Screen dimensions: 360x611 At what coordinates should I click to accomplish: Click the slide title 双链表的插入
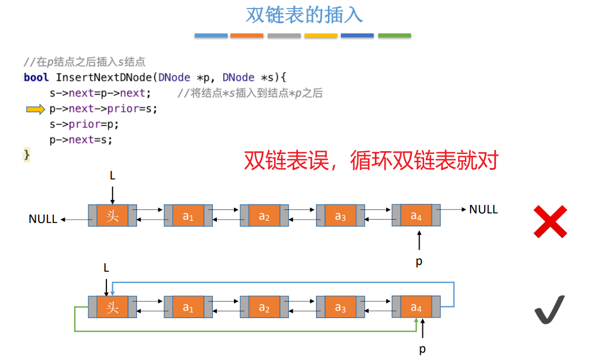tap(304, 15)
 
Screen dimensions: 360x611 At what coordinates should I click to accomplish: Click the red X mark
tap(550, 221)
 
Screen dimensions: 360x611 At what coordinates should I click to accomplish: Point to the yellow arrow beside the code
tap(35, 109)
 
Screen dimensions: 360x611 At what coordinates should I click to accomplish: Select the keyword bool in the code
tap(36, 78)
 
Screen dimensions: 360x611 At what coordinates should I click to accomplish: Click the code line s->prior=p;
tap(84, 125)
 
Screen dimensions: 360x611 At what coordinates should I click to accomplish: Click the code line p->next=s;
tap(80, 140)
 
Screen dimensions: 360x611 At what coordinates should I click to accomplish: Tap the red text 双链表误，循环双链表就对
tap(371, 161)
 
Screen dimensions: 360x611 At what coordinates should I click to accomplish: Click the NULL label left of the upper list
tap(43, 218)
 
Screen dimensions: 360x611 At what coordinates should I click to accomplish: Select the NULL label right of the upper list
tap(483, 209)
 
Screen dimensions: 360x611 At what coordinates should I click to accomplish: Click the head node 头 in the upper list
tap(113, 216)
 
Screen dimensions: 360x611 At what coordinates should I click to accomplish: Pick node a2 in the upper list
tap(264, 216)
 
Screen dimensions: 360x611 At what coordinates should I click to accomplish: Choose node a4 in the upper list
tap(416, 216)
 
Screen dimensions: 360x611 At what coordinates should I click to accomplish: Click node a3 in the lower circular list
tap(340, 307)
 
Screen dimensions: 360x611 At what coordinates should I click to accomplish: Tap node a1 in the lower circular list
tap(189, 307)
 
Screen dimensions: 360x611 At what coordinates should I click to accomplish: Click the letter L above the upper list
tap(112, 176)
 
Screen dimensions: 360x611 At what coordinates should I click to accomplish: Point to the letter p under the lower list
tap(422, 349)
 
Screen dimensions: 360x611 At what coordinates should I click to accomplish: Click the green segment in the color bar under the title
tap(394, 36)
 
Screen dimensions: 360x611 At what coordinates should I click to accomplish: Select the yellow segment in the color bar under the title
tap(321, 36)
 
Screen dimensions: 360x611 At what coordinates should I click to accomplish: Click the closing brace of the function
tap(26, 155)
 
